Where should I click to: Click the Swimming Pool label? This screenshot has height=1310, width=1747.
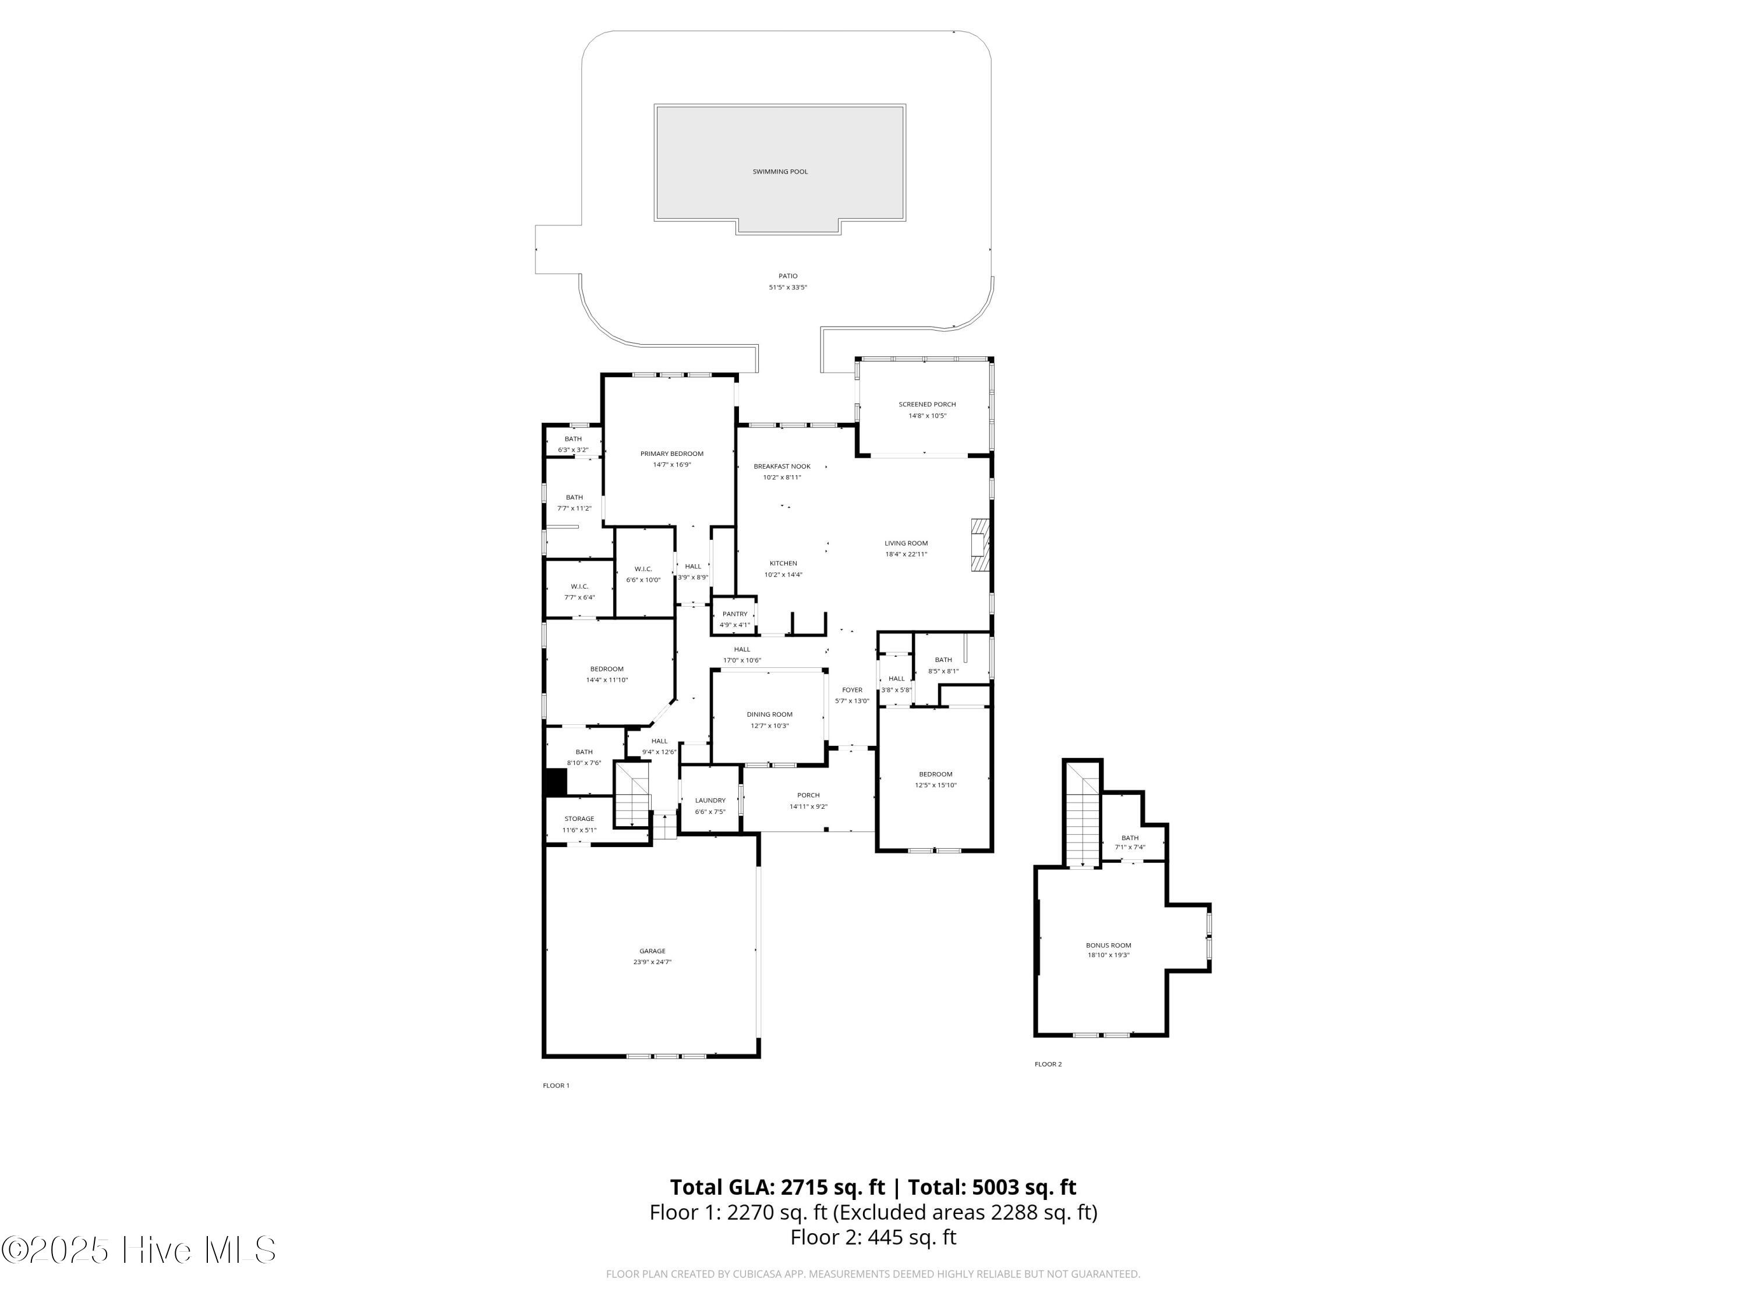[780, 171]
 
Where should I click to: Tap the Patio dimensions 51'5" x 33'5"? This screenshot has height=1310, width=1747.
[787, 288]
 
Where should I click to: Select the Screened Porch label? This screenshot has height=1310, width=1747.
[926, 404]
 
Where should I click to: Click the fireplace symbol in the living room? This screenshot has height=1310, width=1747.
[979, 545]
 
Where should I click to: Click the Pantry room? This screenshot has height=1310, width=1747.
[734, 618]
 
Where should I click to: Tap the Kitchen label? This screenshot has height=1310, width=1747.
[783, 564]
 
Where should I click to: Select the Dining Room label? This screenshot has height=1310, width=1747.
[769, 714]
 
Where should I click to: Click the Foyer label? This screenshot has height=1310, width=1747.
[851, 690]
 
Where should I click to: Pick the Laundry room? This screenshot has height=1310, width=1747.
[710, 805]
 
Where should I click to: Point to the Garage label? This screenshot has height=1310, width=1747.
[652, 951]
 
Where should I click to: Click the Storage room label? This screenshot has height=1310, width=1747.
[579, 819]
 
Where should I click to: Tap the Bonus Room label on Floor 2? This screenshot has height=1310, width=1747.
[1108, 945]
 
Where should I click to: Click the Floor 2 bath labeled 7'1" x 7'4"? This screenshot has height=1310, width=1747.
[1129, 842]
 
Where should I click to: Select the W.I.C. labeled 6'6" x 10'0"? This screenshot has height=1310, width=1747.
[643, 574]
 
